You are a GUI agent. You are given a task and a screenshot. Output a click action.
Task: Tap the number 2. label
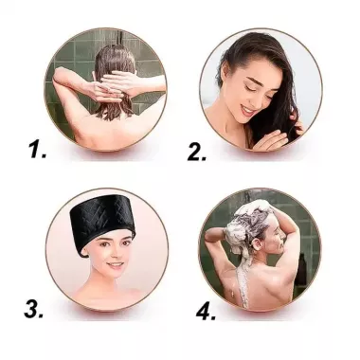(197, 151)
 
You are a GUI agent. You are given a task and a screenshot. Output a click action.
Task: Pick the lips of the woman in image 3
(111, 269)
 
